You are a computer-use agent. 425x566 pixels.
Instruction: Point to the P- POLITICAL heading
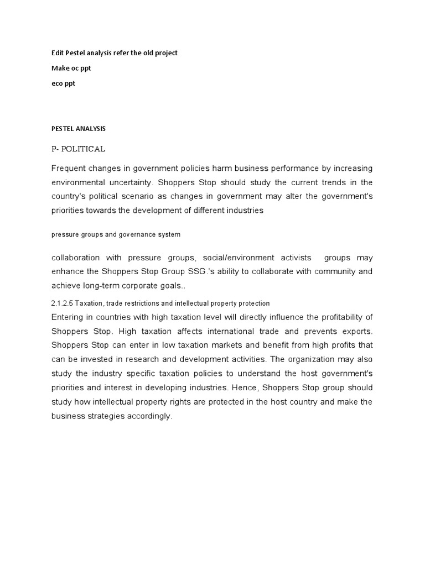77,149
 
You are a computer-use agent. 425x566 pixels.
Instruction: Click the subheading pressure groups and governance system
116,234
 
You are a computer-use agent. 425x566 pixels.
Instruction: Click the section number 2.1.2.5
61,303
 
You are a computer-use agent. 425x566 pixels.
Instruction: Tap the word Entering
68,317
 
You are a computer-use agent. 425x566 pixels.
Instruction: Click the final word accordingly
148,416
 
